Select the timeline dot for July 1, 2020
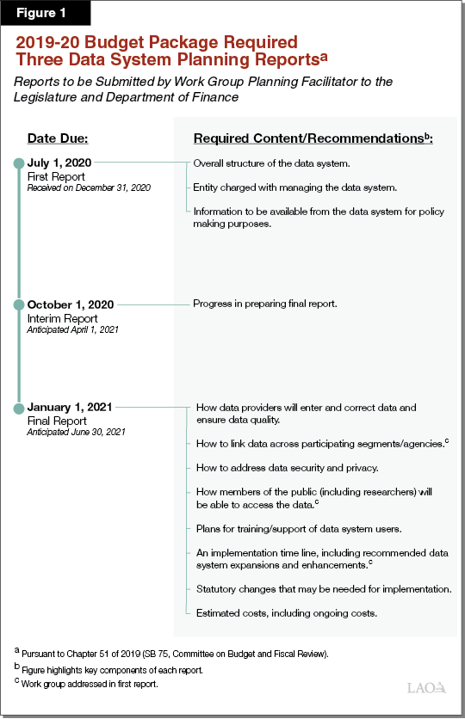(x=18, y=162)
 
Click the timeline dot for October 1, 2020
(x=18, y=304)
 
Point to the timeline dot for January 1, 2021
(x=18, y=406)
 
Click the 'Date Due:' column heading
(x=58, y=138)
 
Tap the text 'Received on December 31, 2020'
(x=89, y=187)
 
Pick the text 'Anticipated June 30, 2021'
(x=77, y=432)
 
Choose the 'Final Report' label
(x=57, y=421)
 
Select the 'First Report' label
(x=56, y=176)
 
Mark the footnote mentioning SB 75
(x=181, y=654)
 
